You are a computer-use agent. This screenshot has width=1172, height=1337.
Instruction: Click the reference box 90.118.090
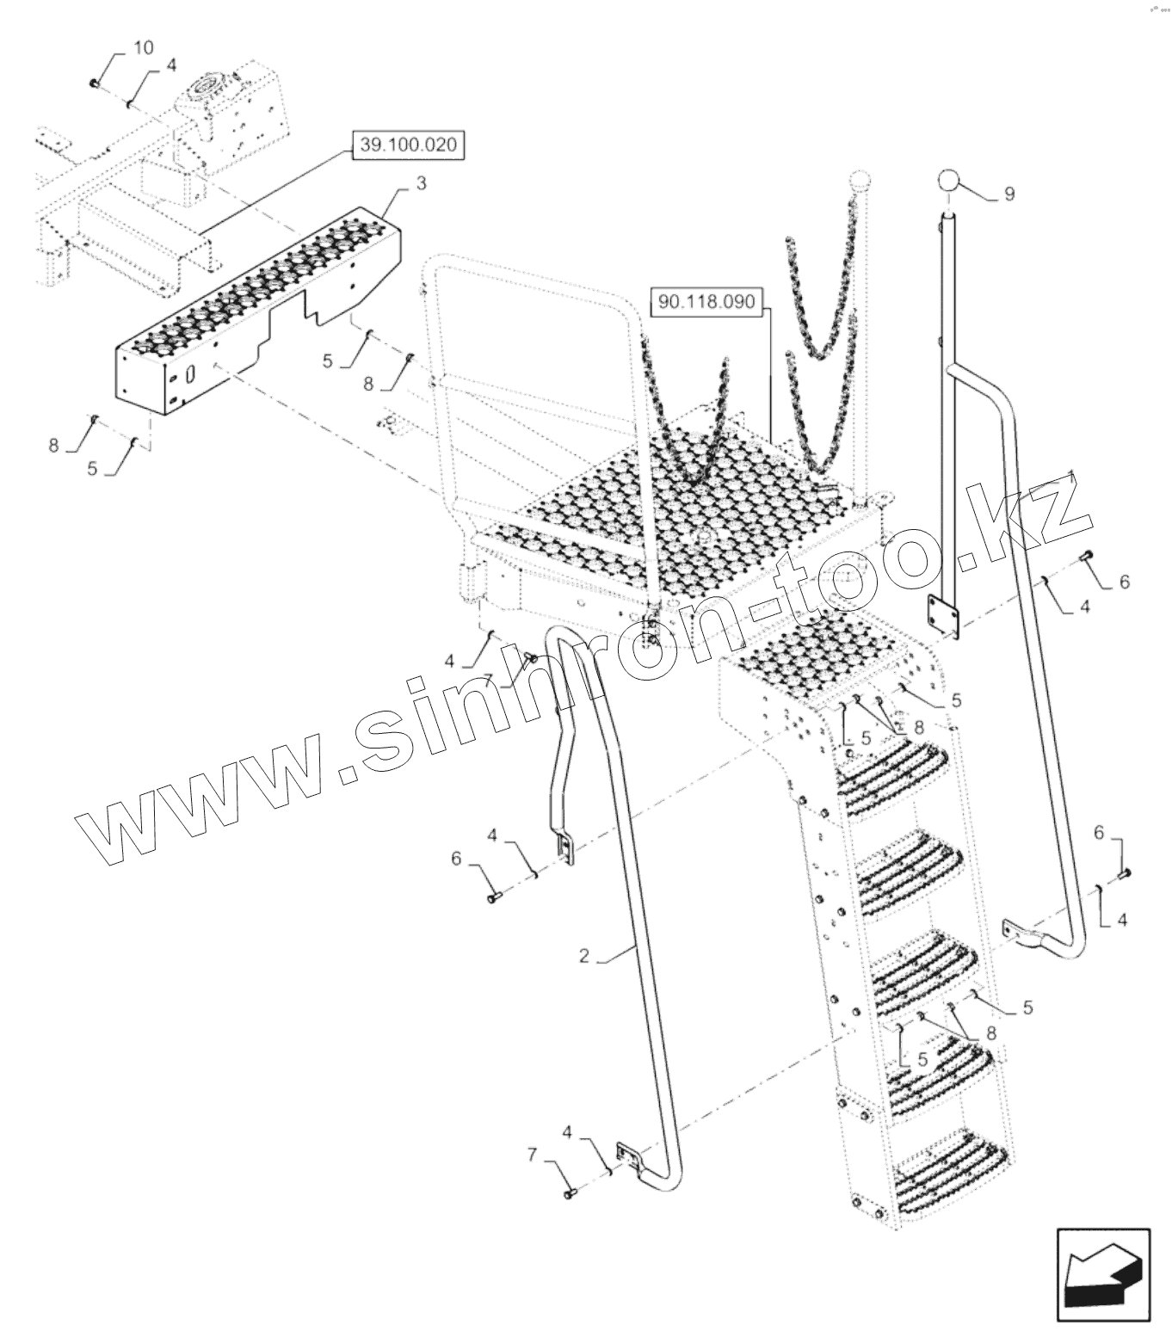(706, 303)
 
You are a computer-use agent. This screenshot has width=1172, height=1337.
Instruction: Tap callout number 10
(144, 47)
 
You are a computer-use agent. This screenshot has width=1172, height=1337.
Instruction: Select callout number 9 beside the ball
(1009, 194)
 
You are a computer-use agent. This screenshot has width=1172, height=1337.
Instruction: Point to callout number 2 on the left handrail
(584, 956)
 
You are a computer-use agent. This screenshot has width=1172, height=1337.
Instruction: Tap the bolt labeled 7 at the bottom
(570, 1194)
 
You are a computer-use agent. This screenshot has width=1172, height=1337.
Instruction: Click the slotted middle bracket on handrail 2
(564, 847)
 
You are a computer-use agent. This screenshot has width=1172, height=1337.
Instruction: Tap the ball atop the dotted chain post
(860, 182)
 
